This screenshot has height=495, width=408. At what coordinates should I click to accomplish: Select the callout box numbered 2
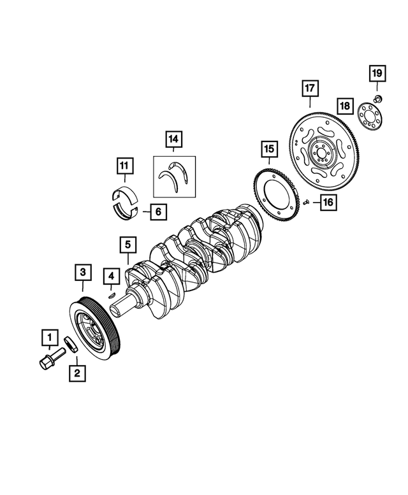click(77, 373)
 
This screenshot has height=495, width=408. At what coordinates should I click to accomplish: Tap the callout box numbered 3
click(82, 273)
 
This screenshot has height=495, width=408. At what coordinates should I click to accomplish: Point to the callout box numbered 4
click(111, 276)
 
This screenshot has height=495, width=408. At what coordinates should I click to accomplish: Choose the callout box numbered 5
click(127, 243)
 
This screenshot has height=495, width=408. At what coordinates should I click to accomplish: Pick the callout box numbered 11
click(125, 166)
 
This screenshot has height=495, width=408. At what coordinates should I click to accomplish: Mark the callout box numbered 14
click(173, 138)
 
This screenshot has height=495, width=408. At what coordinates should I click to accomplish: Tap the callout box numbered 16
click(328, 203)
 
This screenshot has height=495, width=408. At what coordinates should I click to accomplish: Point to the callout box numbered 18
click(345, 104)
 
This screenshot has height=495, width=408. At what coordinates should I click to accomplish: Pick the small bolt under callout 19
click(377, 97)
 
